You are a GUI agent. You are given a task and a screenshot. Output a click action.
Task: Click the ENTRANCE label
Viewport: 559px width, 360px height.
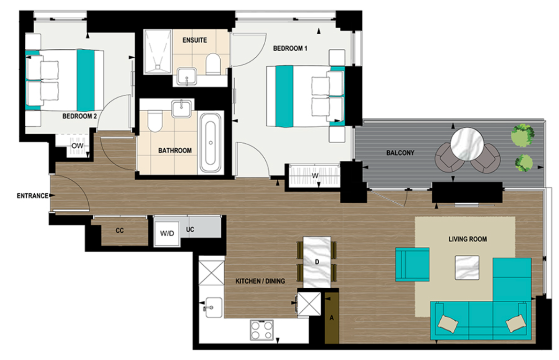[32, 196]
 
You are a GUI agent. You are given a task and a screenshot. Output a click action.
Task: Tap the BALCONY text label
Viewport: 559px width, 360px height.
[400, 153]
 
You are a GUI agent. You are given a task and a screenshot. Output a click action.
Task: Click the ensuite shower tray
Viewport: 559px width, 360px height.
[158, 52]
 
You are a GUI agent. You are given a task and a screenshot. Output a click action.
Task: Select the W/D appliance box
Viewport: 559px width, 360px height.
[167, 233]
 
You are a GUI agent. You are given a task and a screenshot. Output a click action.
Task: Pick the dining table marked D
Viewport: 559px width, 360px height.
[317, 262]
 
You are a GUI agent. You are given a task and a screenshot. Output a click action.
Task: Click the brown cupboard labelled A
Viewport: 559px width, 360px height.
[332, 317]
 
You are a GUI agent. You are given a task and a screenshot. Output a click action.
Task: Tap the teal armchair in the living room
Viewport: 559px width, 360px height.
[412, 265]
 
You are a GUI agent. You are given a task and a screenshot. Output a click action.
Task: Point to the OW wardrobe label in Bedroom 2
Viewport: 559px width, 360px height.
[77, 146]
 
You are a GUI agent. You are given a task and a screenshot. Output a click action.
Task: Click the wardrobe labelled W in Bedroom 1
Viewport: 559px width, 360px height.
[314, 176]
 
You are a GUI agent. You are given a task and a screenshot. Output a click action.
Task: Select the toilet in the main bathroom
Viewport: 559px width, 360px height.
[154, 121]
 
